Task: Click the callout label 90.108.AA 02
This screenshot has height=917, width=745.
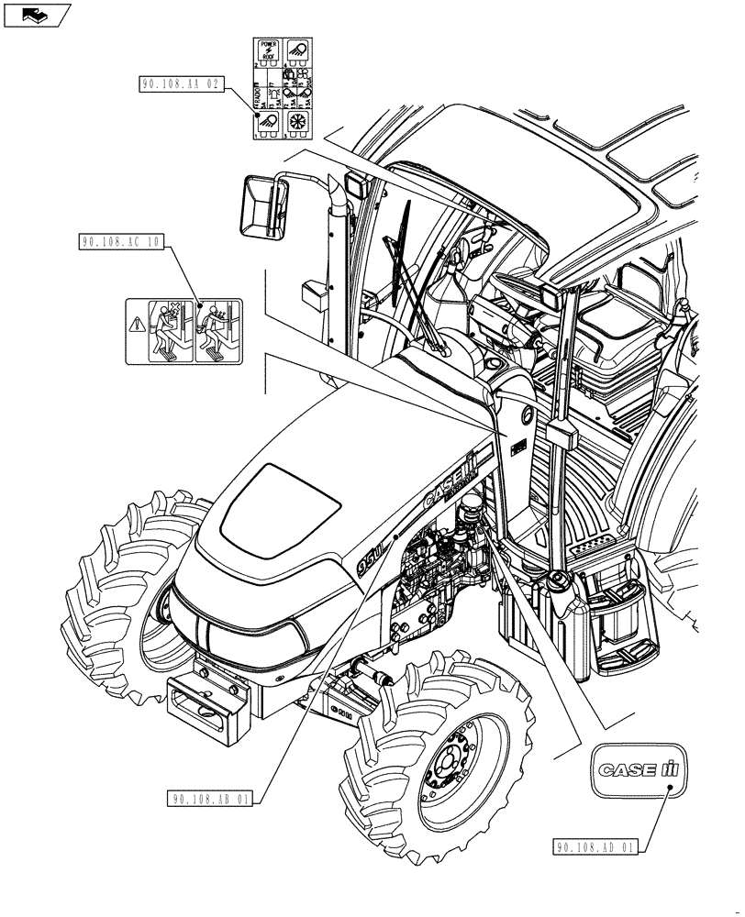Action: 183,83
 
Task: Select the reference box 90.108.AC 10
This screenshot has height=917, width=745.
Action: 122,242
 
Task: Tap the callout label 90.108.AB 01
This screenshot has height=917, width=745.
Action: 210,798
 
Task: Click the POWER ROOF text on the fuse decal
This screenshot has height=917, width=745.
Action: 269,50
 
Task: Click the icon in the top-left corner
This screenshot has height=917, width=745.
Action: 36,15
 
